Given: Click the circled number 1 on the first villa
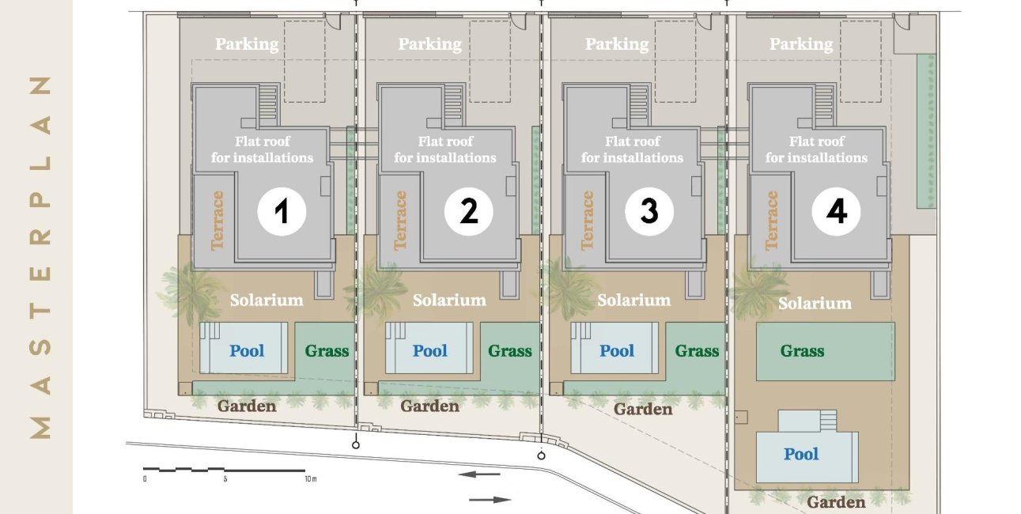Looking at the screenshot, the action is click(282, 211).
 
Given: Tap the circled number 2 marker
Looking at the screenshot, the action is click(468, 211).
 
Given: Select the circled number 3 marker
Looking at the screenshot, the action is click(649, 211).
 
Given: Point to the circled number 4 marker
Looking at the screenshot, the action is click(836, 211).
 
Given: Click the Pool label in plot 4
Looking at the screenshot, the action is click(801, 454).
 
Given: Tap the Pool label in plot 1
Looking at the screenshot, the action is click(247, 350).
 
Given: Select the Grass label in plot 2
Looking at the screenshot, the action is click(509, 351).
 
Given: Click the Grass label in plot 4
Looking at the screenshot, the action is click(802, 351).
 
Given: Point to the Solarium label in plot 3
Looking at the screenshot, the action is click(633, 300).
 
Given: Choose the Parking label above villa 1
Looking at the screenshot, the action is click(247, 44).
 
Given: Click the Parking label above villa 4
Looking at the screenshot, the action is click(801, 44).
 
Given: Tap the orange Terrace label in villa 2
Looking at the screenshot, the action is click(399, 221).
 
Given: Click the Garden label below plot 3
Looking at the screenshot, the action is click(643, 409).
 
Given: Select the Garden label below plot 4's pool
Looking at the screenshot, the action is click(836, 502).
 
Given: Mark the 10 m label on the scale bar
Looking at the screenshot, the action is click(310, 479).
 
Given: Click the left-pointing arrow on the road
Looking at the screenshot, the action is click(479, 474).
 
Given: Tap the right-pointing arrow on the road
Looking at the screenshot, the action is click(490, 500).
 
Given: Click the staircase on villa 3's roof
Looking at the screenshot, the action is click(638, 105).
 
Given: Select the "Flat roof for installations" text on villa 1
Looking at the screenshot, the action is click(262, 149).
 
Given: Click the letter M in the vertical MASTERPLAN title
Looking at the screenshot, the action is click(40, 428).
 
